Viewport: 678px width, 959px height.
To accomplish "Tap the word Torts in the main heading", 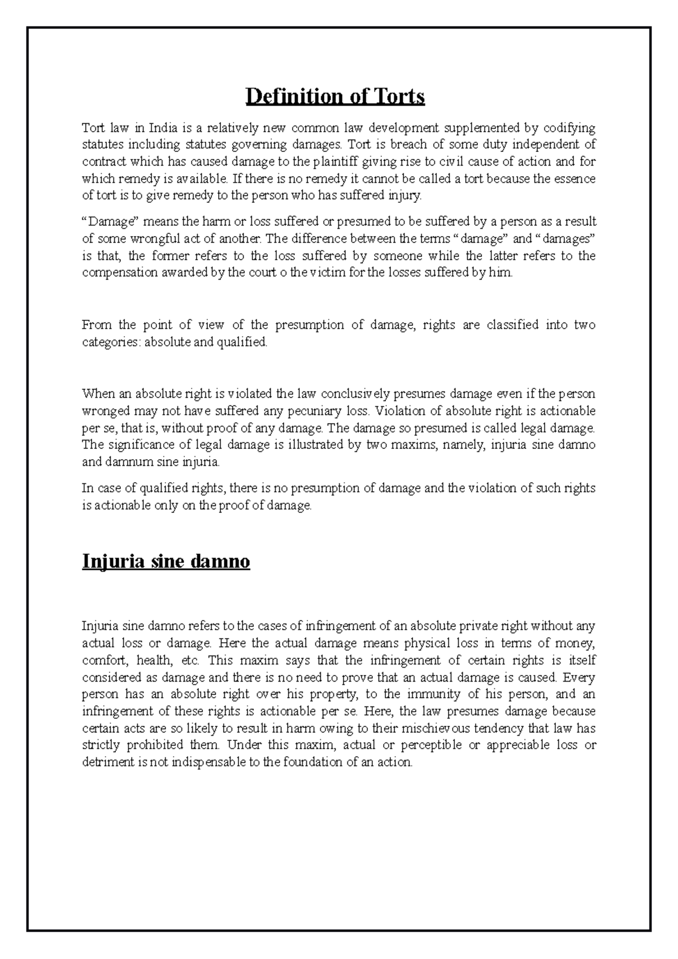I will coord(398,97).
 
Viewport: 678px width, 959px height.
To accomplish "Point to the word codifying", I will coord(570,128).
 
